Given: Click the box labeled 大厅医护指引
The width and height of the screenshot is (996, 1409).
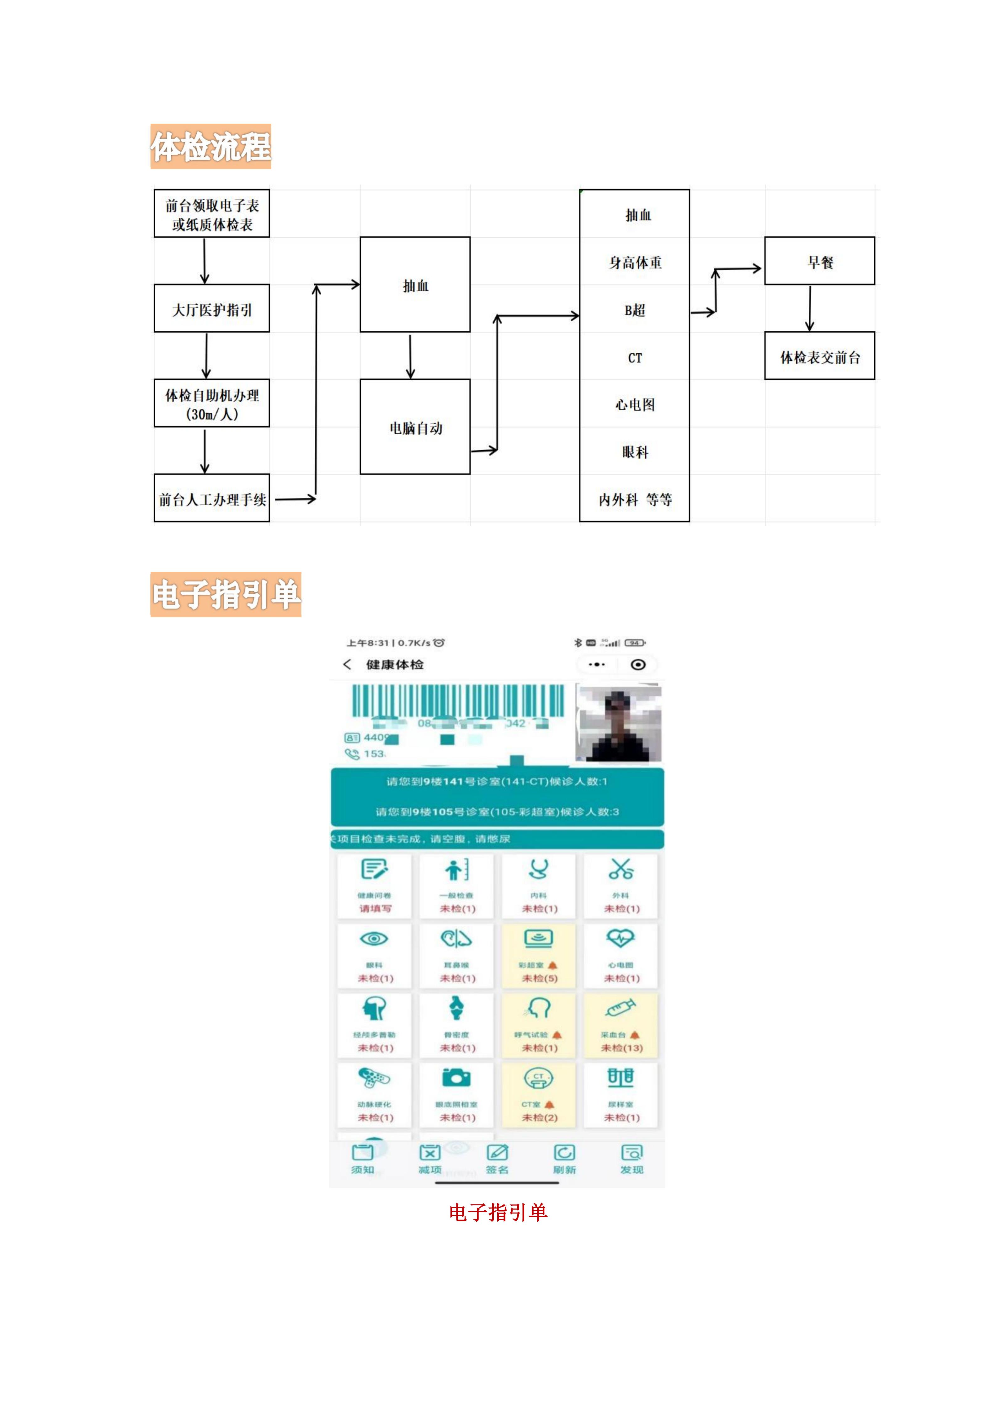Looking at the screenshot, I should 211,309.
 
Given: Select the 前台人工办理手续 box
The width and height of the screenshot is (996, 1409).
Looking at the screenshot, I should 211,498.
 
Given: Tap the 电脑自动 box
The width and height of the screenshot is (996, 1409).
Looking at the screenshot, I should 415,427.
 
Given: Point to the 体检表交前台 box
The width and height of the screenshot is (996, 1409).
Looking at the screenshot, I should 819,356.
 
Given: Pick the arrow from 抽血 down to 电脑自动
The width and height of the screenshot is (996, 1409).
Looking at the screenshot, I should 410,356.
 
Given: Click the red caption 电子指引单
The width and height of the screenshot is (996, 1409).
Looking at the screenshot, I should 498,1212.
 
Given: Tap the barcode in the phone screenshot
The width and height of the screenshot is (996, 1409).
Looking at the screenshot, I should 457,701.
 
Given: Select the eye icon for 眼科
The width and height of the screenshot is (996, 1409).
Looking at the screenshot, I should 374,939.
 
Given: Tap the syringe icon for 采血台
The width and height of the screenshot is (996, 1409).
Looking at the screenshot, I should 621,1008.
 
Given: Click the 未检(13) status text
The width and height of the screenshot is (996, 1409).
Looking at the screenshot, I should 621,1048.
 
